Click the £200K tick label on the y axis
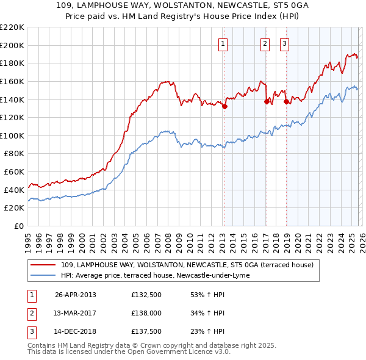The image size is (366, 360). (12, 45)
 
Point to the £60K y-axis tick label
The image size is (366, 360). (14, 172)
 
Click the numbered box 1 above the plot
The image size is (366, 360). (223, 43)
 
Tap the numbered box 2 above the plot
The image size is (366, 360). (265, 43)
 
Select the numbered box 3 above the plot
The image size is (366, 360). (285, 43)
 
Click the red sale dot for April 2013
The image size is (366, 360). (224, 106)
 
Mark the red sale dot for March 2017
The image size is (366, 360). (267, 101)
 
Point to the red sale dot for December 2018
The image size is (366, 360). (285, 102)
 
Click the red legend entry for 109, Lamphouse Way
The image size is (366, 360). (187, 265)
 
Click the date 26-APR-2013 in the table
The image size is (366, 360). (75, 295)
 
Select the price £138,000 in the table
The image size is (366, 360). (146, 313)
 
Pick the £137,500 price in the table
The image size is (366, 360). (146, 331)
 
